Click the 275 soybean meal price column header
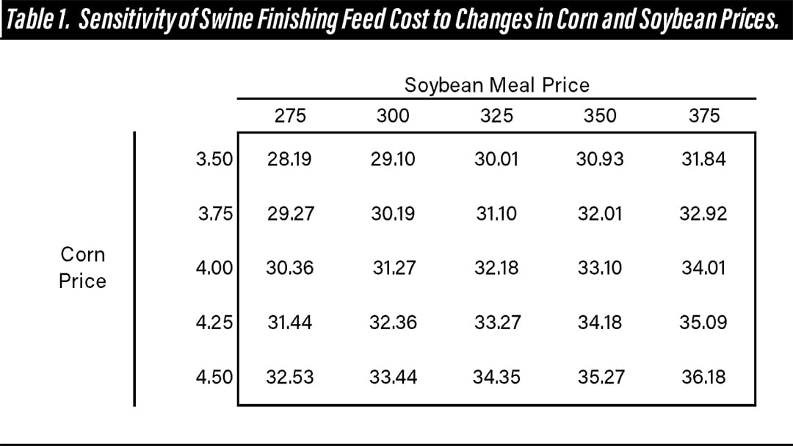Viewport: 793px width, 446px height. [x=289, y=116]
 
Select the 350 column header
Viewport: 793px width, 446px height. [x=600, y=116]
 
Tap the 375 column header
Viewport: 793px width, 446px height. [x=704, y=116]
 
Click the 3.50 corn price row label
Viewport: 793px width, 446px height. [x=214, y=159]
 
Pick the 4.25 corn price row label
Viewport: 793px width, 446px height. [x=214, y=323]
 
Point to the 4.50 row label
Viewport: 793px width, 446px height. [x=214, y=377]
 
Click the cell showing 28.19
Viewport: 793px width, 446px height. [x=289, y=159]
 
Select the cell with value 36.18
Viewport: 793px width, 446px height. [x=703, y=377]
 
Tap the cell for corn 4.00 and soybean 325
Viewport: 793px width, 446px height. [x=496, y=268]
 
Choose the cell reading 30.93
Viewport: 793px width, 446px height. [x=600, y=159]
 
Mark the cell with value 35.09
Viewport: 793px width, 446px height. [x=703, y=323]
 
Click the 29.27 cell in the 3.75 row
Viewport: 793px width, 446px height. [x=289, y=214]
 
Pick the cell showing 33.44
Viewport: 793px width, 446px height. [x=394, y=377]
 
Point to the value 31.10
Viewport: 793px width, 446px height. [x=496, y=214]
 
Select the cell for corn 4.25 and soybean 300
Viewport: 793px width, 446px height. [x=394, y=323]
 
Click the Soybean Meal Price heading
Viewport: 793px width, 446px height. [x=496, y=85]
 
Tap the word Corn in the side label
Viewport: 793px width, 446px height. [x=82, y=255]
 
